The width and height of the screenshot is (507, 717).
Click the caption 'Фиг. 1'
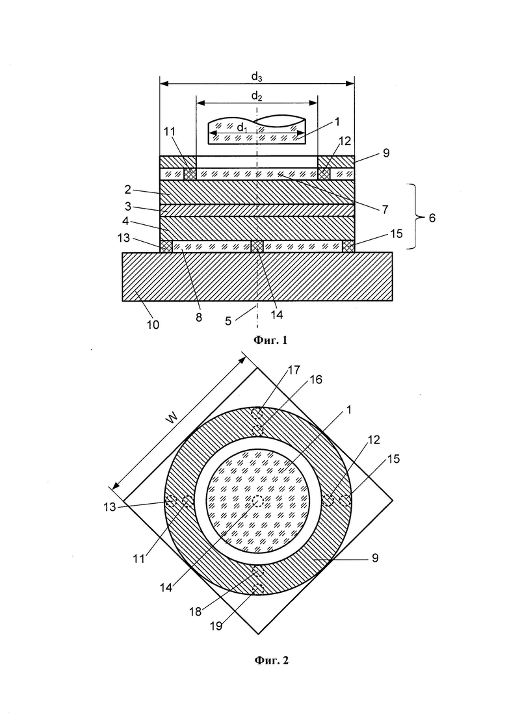pyautogui.click(x=270, y=340)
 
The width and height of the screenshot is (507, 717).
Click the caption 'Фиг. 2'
pyautogui.click(x=270, y=660)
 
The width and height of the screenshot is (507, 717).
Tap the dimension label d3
pyautogui.click(x=257, y=77)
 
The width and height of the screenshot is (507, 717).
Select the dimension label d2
pyautogui.click(x=257, y=96)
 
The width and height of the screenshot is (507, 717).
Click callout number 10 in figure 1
pyautogui.click(x=153, y=324)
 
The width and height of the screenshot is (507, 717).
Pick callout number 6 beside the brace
pyautogui.click(x=431, y=218)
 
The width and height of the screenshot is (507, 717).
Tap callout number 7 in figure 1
pyautogui.click(x=385, y=209)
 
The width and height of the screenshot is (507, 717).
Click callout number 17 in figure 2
pyautogui.click(x=294, y=369)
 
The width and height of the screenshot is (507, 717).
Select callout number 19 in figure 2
pyautogui.click(x=216, y=625)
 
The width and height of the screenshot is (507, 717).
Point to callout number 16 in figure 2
pyautogui.click(x=315, y=380)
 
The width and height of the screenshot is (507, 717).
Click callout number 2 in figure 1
pyautogui.click(x=128, y=190)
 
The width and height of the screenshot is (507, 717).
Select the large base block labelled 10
pyautogui.click(x=257, y=276)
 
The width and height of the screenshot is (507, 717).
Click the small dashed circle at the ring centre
pyautogui.click(x=258, y=501)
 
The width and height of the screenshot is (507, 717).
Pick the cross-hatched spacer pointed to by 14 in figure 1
pyautogui.click(x=257, y=246)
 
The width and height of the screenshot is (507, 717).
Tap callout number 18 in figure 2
pyautogui.click(x=195, y=612)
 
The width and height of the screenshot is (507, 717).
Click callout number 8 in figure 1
pyautogui.click(x=199, y=317)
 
